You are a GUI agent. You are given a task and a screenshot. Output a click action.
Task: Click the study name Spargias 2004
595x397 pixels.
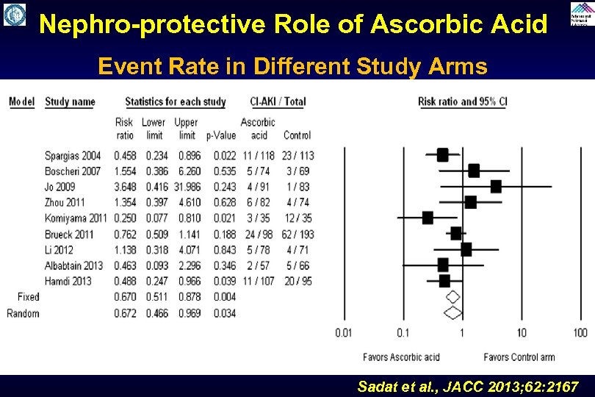(72, 155)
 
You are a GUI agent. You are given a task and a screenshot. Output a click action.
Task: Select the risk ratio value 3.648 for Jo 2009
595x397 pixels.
(124, 187)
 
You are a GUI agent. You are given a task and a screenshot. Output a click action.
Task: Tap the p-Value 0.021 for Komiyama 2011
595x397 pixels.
(224, 218)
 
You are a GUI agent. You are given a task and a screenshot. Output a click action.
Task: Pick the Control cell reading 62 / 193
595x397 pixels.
(297, 234)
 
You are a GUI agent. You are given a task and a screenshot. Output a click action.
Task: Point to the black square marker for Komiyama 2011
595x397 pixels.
(428, 218)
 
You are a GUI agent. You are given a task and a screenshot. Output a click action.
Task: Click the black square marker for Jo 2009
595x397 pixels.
(496, 186)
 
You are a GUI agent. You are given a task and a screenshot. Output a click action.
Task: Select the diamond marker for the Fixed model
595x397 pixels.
(452, 297)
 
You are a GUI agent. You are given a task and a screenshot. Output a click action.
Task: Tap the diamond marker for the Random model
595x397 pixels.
(452, 312)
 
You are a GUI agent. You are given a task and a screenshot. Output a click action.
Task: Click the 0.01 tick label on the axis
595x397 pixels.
(343, 333)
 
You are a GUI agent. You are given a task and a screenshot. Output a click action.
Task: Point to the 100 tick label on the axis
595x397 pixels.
(580, 333)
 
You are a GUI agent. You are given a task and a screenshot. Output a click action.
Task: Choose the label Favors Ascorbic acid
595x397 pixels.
(401, 357)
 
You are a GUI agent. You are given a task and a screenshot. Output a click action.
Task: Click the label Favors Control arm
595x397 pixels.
(519, 357)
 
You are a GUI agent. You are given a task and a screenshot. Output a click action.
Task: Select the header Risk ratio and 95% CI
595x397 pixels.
(462, 101)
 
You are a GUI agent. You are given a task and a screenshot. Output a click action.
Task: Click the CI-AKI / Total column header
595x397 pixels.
(278, 101)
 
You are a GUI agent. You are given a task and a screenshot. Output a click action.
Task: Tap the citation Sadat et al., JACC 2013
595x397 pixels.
(467, 386)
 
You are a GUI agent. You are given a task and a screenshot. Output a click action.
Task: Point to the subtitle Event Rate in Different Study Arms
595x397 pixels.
(292, 67)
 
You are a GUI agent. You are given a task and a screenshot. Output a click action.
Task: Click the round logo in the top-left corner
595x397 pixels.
(14, 14)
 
